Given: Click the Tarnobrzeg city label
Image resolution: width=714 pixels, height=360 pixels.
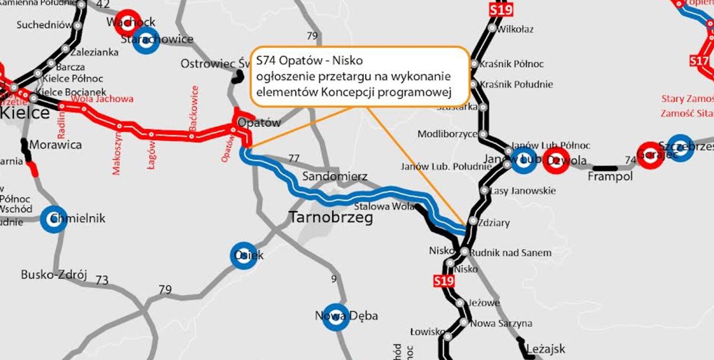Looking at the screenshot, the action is click(331, 218).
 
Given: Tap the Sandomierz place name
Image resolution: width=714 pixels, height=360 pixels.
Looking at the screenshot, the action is click(335, 176).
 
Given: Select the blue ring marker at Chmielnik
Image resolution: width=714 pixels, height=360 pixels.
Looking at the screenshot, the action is click(54, 219).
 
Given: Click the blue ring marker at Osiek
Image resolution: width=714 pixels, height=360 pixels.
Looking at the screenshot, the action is click(244, 255).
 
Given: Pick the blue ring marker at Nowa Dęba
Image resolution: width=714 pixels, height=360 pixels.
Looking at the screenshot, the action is click(336, 317).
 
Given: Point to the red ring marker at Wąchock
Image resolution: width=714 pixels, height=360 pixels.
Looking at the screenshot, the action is click(128, 22).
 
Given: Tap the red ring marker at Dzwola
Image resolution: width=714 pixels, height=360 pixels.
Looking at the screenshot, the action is click(556, 161).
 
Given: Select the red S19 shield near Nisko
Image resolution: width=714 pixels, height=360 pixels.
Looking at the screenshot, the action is click(443, 281).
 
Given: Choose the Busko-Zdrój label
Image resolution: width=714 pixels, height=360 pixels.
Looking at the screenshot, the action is click(54, 275).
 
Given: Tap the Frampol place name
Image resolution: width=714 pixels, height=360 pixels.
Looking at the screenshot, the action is click(610, 177).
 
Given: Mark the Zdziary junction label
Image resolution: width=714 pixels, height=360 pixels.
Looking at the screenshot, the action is click(495, 223).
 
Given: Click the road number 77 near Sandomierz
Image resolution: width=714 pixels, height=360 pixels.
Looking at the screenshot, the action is click(294, 158).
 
